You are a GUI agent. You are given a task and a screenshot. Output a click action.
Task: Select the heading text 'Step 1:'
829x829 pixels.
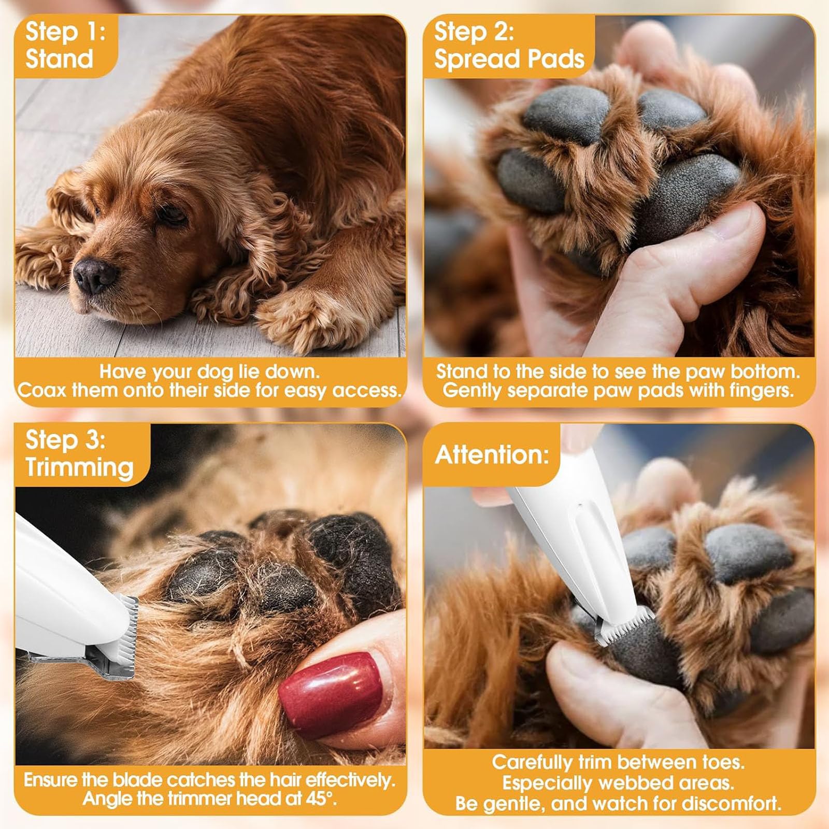click(65, 32)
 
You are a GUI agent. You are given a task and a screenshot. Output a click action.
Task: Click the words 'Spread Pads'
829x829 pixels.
click(509, 59)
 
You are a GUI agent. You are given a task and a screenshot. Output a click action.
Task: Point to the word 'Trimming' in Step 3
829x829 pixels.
click(79, 467)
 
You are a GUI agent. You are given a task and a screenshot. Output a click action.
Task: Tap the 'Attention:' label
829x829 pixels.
click(491, 455)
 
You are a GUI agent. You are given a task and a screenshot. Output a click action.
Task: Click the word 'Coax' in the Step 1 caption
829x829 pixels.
click(41, 390)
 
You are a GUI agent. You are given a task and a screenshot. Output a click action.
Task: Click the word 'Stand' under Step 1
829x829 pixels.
click(59, 59)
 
